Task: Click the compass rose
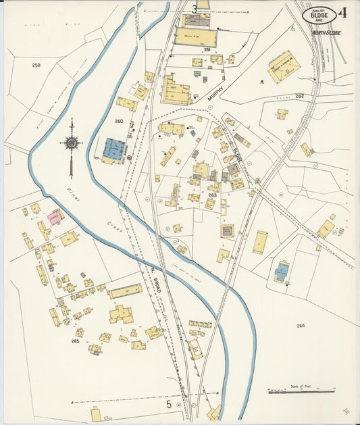click(71, 143)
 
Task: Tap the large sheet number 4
click(344, 12)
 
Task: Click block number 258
click(36, 66)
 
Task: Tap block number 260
click(119, 122)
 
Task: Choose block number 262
click(299, 96)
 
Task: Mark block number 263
click(211, 195)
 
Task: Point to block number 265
click(75, 341)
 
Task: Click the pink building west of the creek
click(55, 218)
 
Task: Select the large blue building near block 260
click(113, 150)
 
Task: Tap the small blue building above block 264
click(282, 272)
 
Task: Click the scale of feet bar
click(302, 391)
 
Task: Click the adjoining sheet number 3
click(195, 9)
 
